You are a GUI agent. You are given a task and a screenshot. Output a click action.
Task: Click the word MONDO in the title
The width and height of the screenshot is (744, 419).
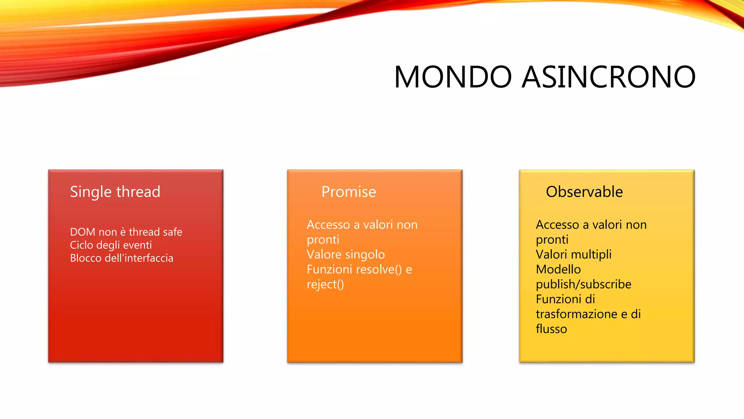coord(453,77)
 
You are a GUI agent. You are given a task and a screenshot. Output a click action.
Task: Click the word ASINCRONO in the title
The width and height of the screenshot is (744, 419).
coord(608,77)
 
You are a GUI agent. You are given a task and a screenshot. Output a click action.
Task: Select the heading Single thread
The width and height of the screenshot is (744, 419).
coord(115,192)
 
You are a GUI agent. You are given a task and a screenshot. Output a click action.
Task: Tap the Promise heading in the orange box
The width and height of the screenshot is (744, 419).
coord(348,192)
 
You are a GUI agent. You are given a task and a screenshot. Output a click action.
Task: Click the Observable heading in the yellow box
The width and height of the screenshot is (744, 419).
coord(584,192)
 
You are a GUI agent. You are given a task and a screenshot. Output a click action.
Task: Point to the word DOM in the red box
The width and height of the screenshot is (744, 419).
coord(82,232)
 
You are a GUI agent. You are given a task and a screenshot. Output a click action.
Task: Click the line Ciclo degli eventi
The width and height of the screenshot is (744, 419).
coord(111,245)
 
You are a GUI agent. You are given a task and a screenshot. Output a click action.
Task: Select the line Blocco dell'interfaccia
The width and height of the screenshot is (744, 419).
coord(122,258)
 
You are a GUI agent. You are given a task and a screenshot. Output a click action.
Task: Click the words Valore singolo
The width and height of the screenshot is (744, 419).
coord(345,255)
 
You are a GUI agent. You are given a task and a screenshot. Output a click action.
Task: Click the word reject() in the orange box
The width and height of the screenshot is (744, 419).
coord(325,284)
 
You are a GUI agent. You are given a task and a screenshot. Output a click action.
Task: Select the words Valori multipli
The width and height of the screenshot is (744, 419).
coord(574,255)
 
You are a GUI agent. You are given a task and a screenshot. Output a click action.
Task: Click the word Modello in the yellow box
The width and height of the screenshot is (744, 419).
coord(558,270)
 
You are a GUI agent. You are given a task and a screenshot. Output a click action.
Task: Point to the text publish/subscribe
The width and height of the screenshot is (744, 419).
coord(583,284)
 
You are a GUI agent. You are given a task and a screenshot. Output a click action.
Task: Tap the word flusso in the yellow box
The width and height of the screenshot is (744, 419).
coord(551,329)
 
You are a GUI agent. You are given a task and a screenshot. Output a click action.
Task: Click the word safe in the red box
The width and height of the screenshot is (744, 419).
coord(173,232)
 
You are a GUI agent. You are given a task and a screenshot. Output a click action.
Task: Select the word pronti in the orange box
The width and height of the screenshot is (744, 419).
coord(323,240)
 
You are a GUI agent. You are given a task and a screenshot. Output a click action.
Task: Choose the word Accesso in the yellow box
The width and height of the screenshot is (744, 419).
coord(557,225)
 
